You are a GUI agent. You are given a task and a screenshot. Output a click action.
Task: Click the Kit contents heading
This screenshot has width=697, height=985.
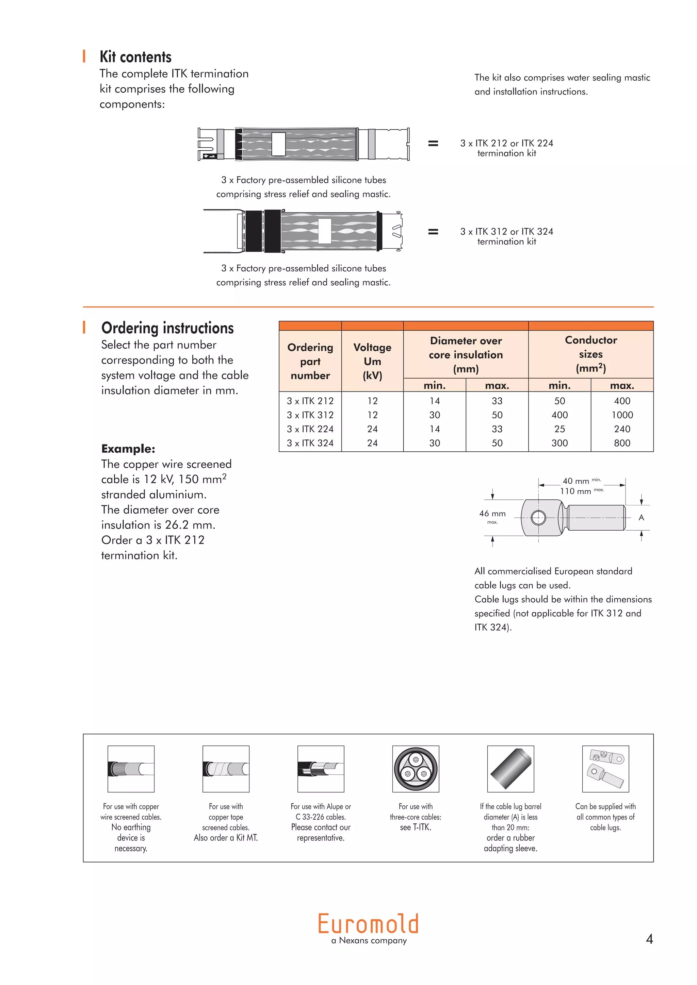(136, 56)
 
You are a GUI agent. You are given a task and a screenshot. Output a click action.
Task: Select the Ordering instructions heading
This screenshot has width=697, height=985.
(167, 328)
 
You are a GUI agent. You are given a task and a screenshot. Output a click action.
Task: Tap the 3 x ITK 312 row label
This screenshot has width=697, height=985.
(310, 415)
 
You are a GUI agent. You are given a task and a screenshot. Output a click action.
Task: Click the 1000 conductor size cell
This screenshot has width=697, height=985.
(622, 415)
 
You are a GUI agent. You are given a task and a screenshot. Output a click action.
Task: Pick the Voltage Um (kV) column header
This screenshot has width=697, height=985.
(372, 361)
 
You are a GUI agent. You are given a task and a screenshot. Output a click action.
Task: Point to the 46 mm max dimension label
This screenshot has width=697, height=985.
(492, 514)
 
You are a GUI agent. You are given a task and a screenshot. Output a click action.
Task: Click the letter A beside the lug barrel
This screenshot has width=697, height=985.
(641, 518)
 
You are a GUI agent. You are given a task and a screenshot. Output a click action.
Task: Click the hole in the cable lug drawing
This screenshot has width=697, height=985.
(538, 518)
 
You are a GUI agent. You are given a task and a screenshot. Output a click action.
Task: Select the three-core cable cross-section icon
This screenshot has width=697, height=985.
(416, 769)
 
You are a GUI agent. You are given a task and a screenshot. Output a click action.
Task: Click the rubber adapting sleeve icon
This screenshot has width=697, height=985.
(510, 769)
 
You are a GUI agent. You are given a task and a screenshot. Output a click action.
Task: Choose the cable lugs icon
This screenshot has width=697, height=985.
(605, 769)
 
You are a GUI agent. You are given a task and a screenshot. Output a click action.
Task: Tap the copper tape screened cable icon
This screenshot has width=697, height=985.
(226, 769)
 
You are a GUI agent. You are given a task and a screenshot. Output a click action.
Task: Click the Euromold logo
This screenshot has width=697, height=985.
(368, 924)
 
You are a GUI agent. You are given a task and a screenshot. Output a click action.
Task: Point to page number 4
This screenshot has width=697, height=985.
(649, 939)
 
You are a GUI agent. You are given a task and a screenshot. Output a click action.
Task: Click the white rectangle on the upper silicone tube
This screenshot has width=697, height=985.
(278, 144)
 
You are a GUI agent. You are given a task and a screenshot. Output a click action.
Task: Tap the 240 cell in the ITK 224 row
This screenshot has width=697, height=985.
(622, 429)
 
